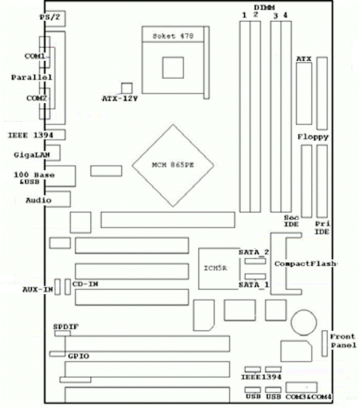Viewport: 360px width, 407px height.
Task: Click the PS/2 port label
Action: tap(48, 17)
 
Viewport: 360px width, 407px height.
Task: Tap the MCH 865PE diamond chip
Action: tap(173, 165)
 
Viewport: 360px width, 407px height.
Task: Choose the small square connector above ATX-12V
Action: tap(127, 87)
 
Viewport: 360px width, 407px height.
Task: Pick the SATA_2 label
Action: tap(254, 252)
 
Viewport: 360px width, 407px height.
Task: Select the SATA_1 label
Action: tap(254, 285)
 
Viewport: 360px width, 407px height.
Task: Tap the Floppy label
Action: tap(313, 137)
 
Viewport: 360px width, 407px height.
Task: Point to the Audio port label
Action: tap(39, 199)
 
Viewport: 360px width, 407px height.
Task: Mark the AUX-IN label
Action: tap(37, 290)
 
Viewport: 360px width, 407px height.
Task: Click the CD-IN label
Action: tap(85, 285)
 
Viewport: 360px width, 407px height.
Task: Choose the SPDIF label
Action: tap(66, 326)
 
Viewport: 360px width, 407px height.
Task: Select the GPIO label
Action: tap(78, 356)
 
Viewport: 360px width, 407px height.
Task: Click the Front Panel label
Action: tap(343, 340)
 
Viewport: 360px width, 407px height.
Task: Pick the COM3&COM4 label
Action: tap(303, 396)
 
